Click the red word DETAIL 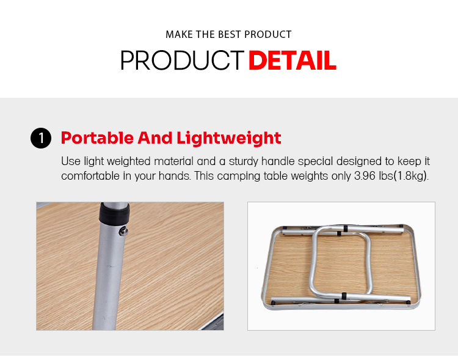point(293,61)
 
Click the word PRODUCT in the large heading point(182,61)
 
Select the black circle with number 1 point(41,138)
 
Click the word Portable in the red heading point(97,138)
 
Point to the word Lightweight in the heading point(229,138)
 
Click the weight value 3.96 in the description point(365,176)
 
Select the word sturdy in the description point(243,161)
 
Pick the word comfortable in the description point(90,176)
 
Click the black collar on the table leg point(114,213)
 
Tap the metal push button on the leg point(123,232)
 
